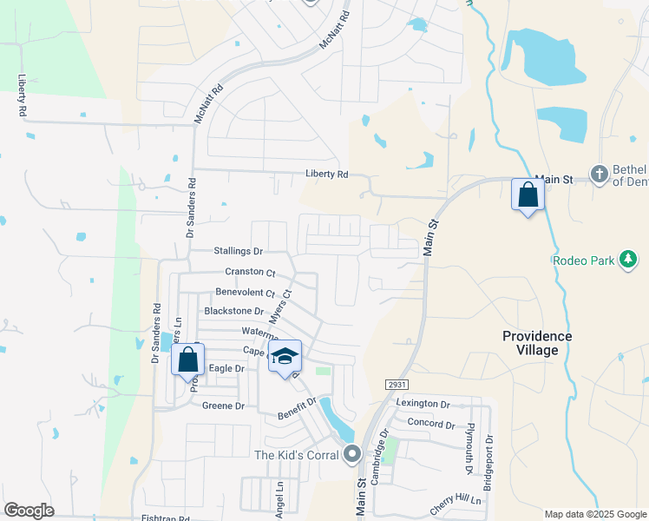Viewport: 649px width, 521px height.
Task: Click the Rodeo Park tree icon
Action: coord(628,259)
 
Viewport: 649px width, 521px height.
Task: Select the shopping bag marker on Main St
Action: coord(528,196)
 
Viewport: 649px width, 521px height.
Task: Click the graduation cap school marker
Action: coord(285,357)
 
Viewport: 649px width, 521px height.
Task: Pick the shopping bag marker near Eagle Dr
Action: coord(188,360)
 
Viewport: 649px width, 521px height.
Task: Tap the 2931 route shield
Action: coord(397,384)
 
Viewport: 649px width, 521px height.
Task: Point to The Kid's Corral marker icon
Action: coord(351,454)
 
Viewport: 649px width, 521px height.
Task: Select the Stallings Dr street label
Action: coord(238,251)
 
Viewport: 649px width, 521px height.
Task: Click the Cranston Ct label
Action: coord(250,272)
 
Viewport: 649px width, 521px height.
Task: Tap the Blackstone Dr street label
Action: coord(233,311)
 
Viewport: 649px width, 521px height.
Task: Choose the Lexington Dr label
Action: coord(423,404)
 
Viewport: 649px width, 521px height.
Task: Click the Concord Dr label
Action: coord(432,425)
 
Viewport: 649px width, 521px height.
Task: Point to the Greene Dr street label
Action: coord(224,406)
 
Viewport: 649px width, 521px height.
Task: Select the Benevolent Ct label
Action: coord(245,293)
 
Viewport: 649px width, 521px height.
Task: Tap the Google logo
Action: coord(29,511)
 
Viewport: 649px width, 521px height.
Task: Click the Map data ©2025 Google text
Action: coord(594,514)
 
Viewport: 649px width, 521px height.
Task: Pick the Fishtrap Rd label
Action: coord(165,518)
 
